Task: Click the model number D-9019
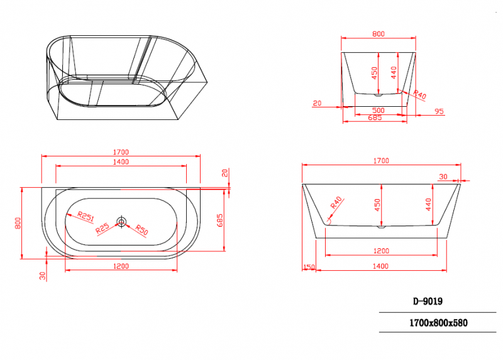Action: [x=429, y=300]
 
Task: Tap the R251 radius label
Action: [x=86, y=217]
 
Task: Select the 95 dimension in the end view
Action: [x=439, y=111]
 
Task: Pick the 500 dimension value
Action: [x=377, y=110]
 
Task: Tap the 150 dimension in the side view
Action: [x=308, y=267]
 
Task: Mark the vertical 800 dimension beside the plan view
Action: [x=18, y=222]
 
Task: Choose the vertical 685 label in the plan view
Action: [x=219, y=220]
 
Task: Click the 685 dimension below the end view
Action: [x=375, y=117]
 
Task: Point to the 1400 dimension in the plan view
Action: [x=121, y=161]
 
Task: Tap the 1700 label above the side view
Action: [x=381, y=161]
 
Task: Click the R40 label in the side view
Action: [x=336, y=202]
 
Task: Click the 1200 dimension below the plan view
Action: [x=121, y=266]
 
